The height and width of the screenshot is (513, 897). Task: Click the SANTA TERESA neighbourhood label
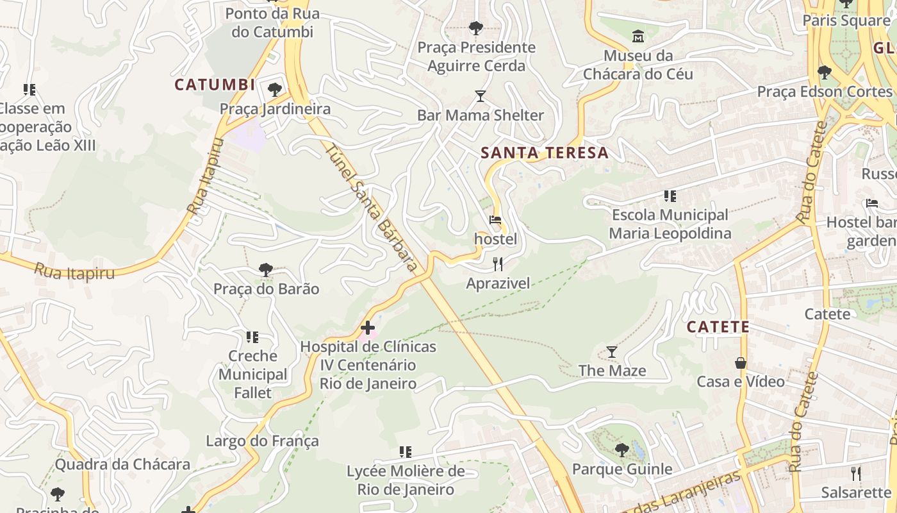click(x=545, y=153)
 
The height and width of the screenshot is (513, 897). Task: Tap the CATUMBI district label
click(x=215, y=85)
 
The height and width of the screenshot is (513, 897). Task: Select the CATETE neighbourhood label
click(x=718, y=327)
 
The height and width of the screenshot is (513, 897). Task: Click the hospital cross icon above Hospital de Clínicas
click(x=368, y=328)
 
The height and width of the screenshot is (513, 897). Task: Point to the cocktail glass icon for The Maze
click(x=612, y=352)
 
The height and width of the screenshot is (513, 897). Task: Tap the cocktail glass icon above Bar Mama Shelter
click(x=481, y=96)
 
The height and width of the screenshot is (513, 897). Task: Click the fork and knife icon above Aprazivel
click(x=498, y=264)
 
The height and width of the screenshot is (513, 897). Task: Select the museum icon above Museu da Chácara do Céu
click(x=638, y=36)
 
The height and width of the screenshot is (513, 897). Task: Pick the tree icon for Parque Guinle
click(x=621, y=450)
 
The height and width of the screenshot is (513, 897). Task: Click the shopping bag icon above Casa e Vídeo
click(x=741, y=363)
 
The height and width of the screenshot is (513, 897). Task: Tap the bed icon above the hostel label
click(x=495, y=220)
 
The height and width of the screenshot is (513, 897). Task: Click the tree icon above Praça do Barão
click(x=266, y=270)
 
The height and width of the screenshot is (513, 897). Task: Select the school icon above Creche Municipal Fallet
click(x=252, y=337)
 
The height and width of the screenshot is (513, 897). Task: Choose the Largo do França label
click(x=262, y=441)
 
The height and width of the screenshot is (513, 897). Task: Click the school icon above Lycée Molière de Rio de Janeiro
click(x=406, y=452)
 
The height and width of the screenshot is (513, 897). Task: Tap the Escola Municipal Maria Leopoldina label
click(x=670, y=224)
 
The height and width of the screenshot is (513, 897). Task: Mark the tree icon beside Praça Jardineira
click(x=275, y=89)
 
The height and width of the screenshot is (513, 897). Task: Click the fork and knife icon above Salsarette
click(x=856, y=474)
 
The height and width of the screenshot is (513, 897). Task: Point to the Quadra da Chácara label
click(x=122, y=464)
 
